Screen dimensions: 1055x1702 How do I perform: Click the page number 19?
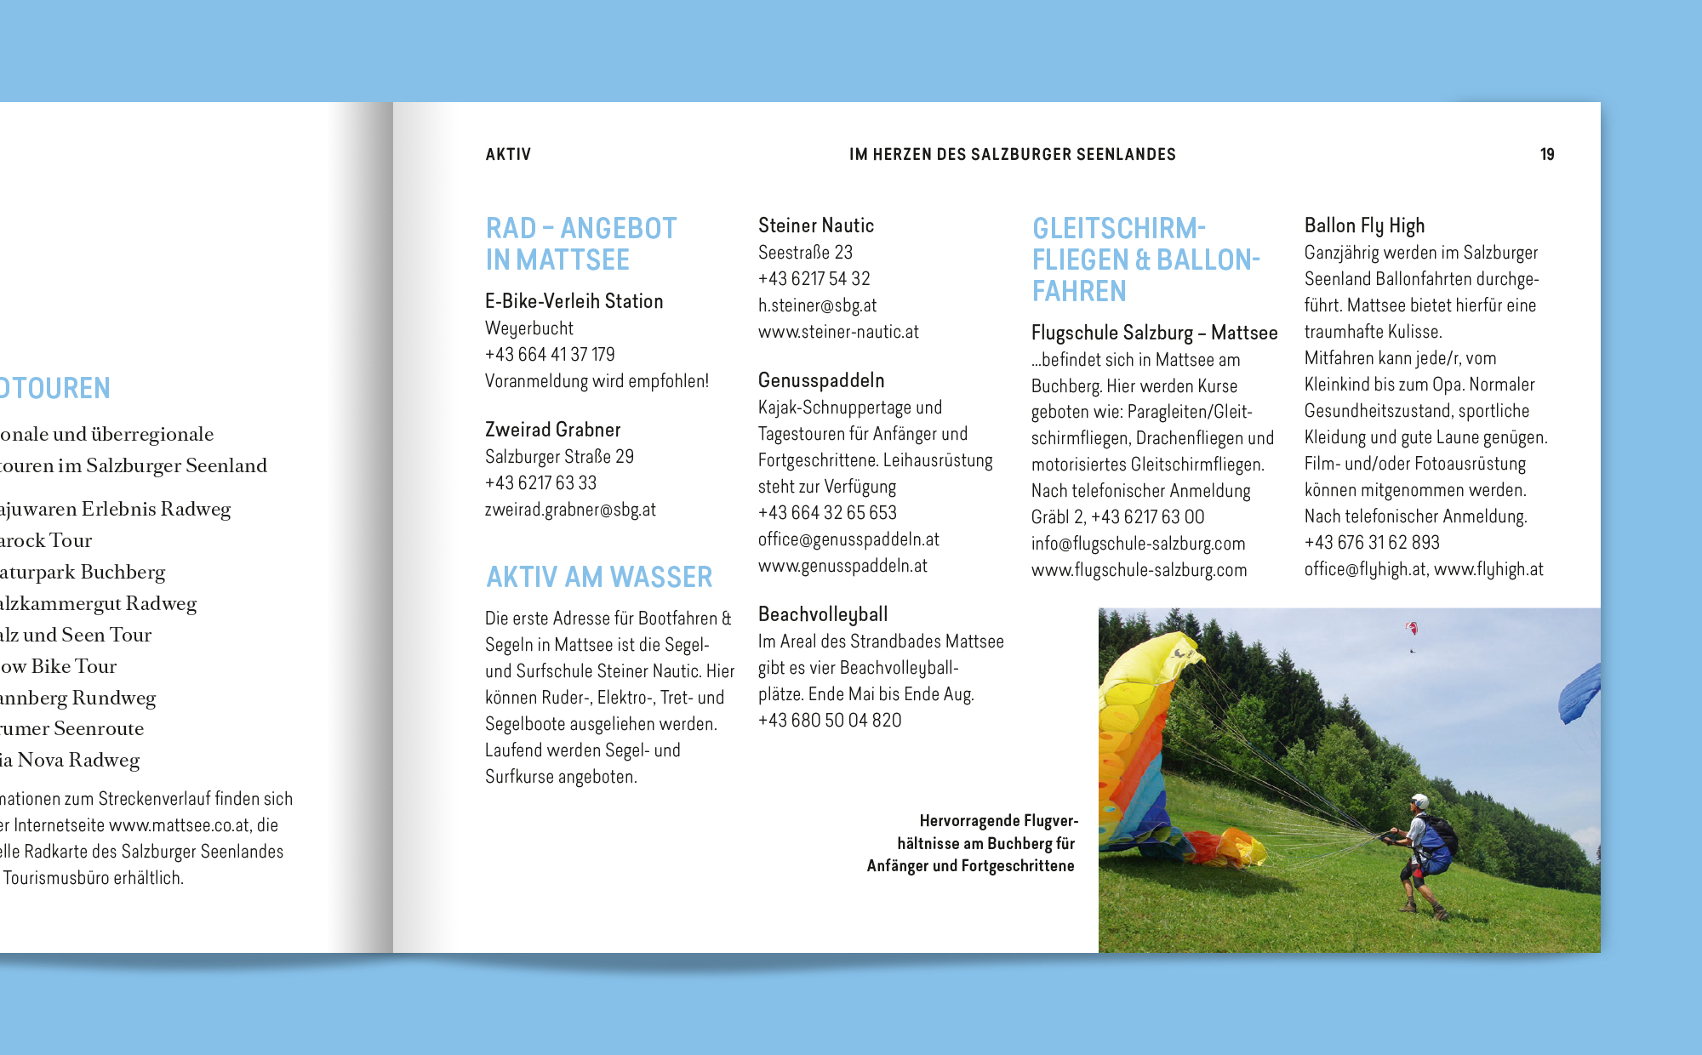pyautogui.click(x=1546, y=155)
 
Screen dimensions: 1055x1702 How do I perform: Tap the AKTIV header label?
pyautogui.click(x=508, y=155)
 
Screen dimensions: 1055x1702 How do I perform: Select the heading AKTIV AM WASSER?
pyautogui.click(x=599, y=578)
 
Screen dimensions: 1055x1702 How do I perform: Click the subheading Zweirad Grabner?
pyautogui.click(x=553, y=430)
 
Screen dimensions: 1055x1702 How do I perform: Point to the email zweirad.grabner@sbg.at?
pyautogui.click(x=570, y=510)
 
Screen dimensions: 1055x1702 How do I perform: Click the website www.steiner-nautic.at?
pyautogui.click(x=838, y=332)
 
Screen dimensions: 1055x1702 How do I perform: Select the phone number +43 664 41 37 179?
pyautogui.click(x=550, y=355)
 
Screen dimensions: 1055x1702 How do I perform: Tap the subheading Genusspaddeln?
pyautogui.click(x=821, y=380)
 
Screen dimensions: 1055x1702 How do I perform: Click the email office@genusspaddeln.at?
pyautogui.click(x=848, y=539)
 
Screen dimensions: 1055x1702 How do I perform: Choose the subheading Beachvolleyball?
pyautogui.click(x=823, y=614)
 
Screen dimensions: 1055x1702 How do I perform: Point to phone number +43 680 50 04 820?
pyautogui.click(x=830, y=721)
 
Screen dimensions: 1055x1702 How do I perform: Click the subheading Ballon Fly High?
pyautogui.click(x=1364, y=225)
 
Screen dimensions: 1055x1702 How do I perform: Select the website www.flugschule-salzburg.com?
pyautogui.click(x=1139, y=570)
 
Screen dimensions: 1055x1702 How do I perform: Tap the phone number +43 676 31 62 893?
pyautogui.click(x=1372, y=543)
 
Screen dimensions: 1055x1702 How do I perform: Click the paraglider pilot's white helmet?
pyautogui.click(x=1419, y=801)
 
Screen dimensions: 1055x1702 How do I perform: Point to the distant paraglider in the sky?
pyautogui.click(x=1412, y=629)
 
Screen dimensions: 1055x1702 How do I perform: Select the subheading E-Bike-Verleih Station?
pyautogui.click(x=574, y=301)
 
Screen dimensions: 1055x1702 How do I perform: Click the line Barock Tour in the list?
pyautogui.click(x=46, y=540)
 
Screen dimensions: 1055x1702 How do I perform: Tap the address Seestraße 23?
pyautogui.click(x=805, y=253)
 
